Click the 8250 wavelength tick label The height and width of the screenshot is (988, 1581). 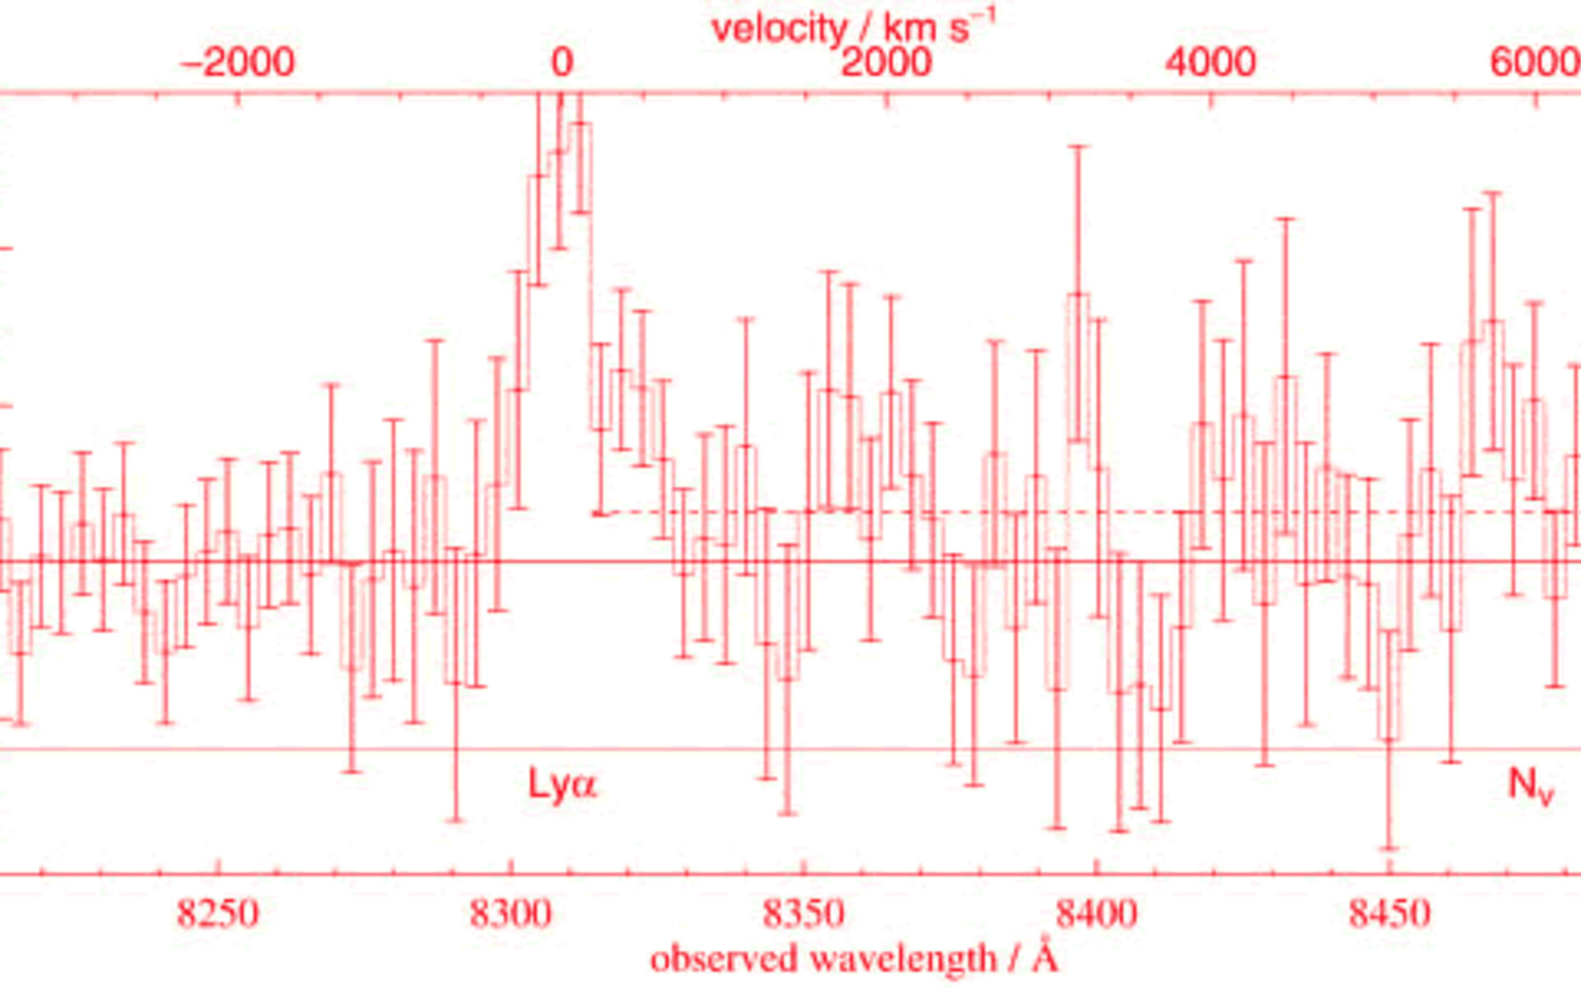pos(218,913)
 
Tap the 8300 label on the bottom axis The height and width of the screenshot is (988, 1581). pos(511,913)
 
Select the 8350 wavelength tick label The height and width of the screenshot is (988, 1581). pos(804,913)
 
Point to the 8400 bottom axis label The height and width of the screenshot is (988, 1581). pos(1097,913)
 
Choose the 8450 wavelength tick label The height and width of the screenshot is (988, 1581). pos(1389,913)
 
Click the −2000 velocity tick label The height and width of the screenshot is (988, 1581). pos(237,63)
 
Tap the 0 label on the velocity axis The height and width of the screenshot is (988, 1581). pos(562,63)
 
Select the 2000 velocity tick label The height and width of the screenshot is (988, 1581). pos(886,63)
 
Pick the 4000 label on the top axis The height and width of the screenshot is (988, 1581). pos(1210,63)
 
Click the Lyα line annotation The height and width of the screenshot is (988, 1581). pos(562,784)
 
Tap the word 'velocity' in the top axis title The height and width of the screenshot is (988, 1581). pos(778,29)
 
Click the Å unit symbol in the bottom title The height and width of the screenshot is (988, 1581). pos(1045,958)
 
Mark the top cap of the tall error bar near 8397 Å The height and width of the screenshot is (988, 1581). pos(1079,147)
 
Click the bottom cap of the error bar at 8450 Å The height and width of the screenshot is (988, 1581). pos(1390,848)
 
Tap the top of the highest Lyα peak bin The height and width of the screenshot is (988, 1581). pos(581,123)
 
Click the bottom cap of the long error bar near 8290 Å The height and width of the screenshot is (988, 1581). pos(456,820)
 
